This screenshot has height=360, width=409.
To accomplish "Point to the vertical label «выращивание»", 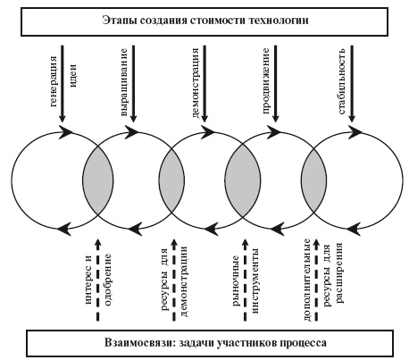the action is pos(124,82).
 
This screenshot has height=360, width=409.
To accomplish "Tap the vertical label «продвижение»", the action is pos(266,81).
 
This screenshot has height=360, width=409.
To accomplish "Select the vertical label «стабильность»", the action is pos(341,81).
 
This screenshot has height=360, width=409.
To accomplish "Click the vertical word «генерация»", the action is pos(54,81).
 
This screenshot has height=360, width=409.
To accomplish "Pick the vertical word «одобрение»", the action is pos(108,280).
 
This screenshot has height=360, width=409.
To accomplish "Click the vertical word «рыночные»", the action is pos(237,280).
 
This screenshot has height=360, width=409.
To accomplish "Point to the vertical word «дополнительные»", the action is pos(307,280).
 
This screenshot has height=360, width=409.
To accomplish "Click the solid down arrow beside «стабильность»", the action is pos(352,84).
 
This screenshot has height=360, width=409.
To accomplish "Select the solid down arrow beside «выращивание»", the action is pos(133,84).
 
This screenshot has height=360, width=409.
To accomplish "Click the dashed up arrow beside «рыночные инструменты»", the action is pos(245,280).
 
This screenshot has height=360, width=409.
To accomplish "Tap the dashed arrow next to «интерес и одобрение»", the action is pos(97,280).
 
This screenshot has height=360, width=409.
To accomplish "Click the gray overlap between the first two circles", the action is pos(98,180).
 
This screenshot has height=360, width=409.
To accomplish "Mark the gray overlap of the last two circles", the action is pos(313,180).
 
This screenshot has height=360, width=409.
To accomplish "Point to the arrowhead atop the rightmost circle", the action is pos(355,132).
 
